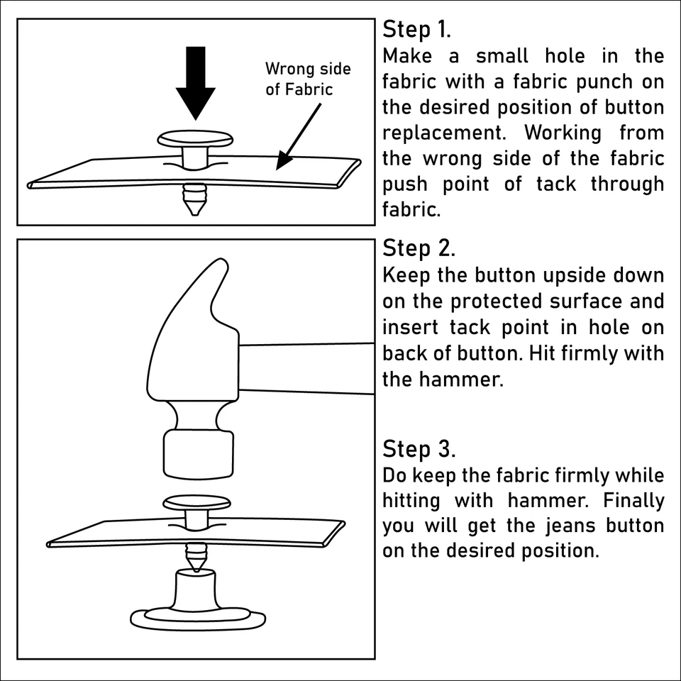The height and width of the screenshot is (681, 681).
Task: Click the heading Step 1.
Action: [417, 30]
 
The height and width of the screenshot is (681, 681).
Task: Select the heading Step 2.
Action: [419, 248]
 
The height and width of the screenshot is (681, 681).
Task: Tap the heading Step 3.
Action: [419, 449]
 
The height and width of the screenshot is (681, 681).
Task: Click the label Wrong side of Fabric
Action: [308, 79]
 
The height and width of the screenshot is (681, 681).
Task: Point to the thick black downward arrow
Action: [195, 82]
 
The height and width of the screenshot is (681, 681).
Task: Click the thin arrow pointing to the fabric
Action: [301, 135]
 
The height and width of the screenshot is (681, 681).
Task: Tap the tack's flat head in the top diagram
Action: [195, 139]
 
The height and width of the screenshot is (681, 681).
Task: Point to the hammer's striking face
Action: [198, 455]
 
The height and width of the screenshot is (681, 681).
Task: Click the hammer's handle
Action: [305, 367]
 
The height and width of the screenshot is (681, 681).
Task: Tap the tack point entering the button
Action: [195, 557]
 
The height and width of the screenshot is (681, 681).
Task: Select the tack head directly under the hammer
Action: [197, 504]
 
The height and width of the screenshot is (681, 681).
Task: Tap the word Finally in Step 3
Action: [633, 500]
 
